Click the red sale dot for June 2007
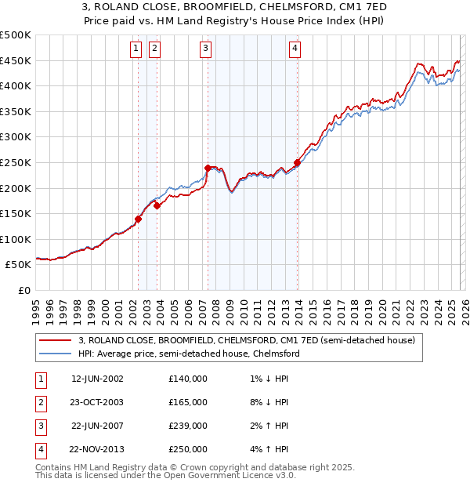pos(208,168)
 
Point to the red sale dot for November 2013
pos(297,162)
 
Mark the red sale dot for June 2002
pos(139,219)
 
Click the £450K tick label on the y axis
pos(16,60)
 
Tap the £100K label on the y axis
pos(16,239)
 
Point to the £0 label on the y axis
pos(23,290)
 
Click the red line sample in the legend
pos(55,340)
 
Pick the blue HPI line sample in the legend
pos(55,354)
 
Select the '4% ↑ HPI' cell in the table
pos(267,449)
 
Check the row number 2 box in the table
pos(40,401)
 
